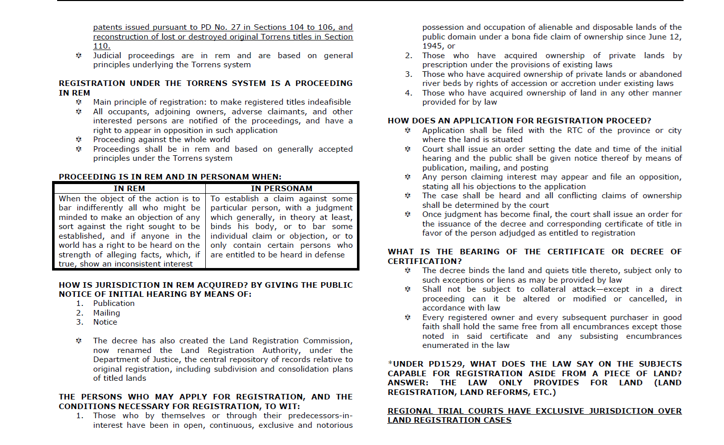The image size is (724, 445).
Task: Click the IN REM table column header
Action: coord(129,188)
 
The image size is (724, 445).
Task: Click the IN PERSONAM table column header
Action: coord(282,188)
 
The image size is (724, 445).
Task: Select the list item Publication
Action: coord(114,303)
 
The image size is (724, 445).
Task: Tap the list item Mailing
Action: coord(107,313)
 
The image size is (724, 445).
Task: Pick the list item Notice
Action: coord(105,322)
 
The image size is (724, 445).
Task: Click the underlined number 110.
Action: coord(101,46)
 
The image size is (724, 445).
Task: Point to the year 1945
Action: coord(433,46)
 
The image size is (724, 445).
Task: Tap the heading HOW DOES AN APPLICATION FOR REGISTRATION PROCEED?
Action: coord(519,121)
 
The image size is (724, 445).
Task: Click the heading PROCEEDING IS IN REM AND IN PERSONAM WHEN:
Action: coord(170,177)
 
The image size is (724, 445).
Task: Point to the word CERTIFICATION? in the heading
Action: coord(425,261)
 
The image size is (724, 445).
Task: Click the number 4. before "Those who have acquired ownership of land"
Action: coord(409,93)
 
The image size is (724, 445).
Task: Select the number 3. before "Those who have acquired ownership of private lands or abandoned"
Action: coord(409,74)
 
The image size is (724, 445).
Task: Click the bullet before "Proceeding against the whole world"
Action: coord(79,140)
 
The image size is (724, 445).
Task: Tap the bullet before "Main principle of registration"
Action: coord(79,102)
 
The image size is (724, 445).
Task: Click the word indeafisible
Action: coord(327,102)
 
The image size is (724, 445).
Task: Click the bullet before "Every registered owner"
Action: coord(408,318)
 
